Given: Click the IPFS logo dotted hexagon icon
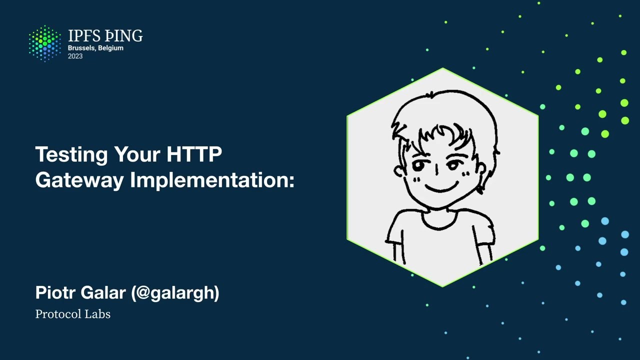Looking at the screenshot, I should tap(45, 43).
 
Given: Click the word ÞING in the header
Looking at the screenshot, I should tap(123, 36).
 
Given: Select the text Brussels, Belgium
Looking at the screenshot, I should tap(95, 48).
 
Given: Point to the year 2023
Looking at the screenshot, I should tap(75, 56).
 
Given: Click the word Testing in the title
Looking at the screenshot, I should tap(71, 154).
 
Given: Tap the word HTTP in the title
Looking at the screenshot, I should tap(194, 154).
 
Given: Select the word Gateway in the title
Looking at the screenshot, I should tap(79, 180).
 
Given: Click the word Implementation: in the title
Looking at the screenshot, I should tap(212, 180).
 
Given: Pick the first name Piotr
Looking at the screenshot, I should tap(54, 292).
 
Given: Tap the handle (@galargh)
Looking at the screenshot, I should tap(175, 293).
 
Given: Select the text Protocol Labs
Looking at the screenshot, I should tap(72, 314).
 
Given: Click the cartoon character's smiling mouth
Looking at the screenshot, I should tap(441, 188).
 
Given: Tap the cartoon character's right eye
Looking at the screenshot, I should tap(455, 164).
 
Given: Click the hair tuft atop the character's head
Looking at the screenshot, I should tap(431, 94).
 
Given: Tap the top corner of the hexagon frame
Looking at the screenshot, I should tap(443, 69).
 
